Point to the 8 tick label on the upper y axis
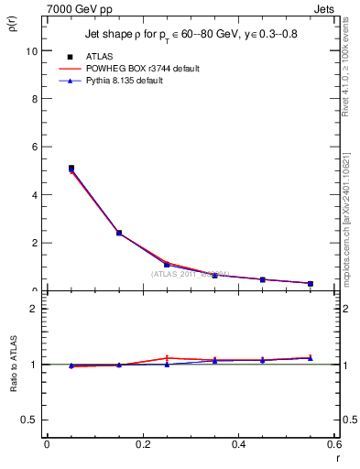[34, 99]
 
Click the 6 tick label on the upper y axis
[34, 147]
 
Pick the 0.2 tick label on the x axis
[143, 445]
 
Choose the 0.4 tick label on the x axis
[239, 445]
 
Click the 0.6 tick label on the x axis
[334, 445]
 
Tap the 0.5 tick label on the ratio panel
[29, 420]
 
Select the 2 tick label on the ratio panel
[34, 309]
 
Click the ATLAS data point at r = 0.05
[71, 169]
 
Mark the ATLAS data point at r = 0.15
[119, 233]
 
